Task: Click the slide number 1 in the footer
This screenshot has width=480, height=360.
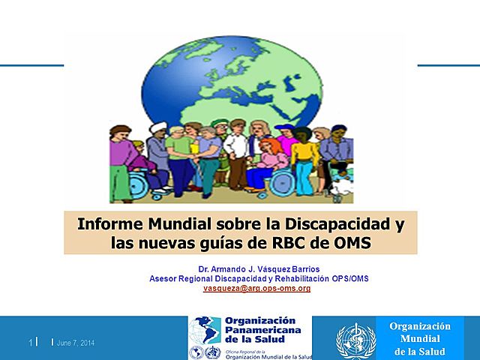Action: (x=31, y=343)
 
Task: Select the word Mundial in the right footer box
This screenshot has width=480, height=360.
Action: (x=420, y=339)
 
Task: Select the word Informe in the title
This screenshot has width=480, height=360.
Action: (x=111, y=223)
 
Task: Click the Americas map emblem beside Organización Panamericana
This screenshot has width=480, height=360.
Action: (x=204, y=328)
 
